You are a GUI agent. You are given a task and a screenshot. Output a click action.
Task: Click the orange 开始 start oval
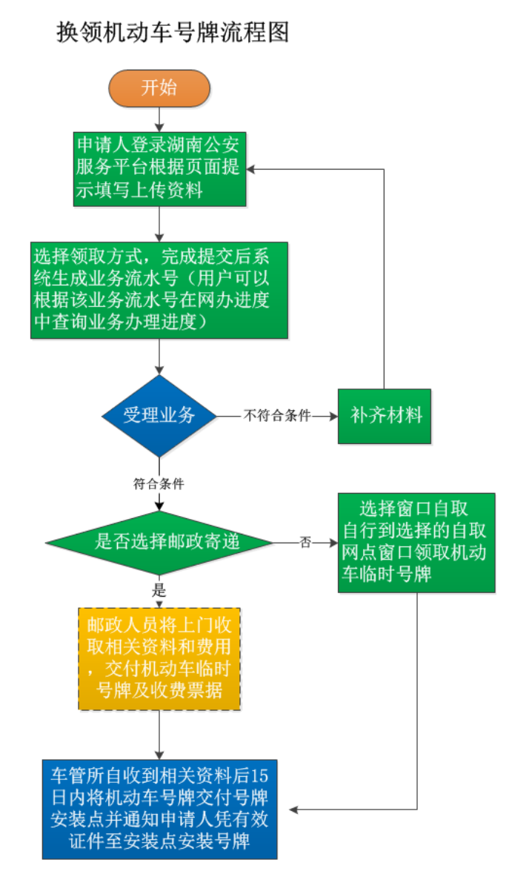159,87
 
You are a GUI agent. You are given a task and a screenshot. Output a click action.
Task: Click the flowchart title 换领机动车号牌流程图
173,32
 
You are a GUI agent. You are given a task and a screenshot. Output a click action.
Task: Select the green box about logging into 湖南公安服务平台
160,168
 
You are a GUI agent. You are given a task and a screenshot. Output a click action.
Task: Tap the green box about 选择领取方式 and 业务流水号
159,290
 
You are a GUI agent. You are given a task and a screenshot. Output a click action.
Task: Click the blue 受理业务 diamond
159,415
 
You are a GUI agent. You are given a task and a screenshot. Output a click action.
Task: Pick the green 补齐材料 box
385,415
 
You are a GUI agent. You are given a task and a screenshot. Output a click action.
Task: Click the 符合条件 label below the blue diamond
159,484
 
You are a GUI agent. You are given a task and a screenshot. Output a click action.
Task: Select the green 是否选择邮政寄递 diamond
159,543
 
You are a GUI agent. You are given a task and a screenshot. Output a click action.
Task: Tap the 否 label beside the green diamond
305,543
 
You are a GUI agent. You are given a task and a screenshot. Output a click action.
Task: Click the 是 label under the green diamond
159,591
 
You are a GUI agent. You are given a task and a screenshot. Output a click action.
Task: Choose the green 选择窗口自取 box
416,542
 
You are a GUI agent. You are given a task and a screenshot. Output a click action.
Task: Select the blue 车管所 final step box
159,809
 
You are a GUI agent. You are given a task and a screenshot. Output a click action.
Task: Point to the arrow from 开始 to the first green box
159,119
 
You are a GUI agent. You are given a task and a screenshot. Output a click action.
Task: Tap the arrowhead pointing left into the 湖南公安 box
252,169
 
